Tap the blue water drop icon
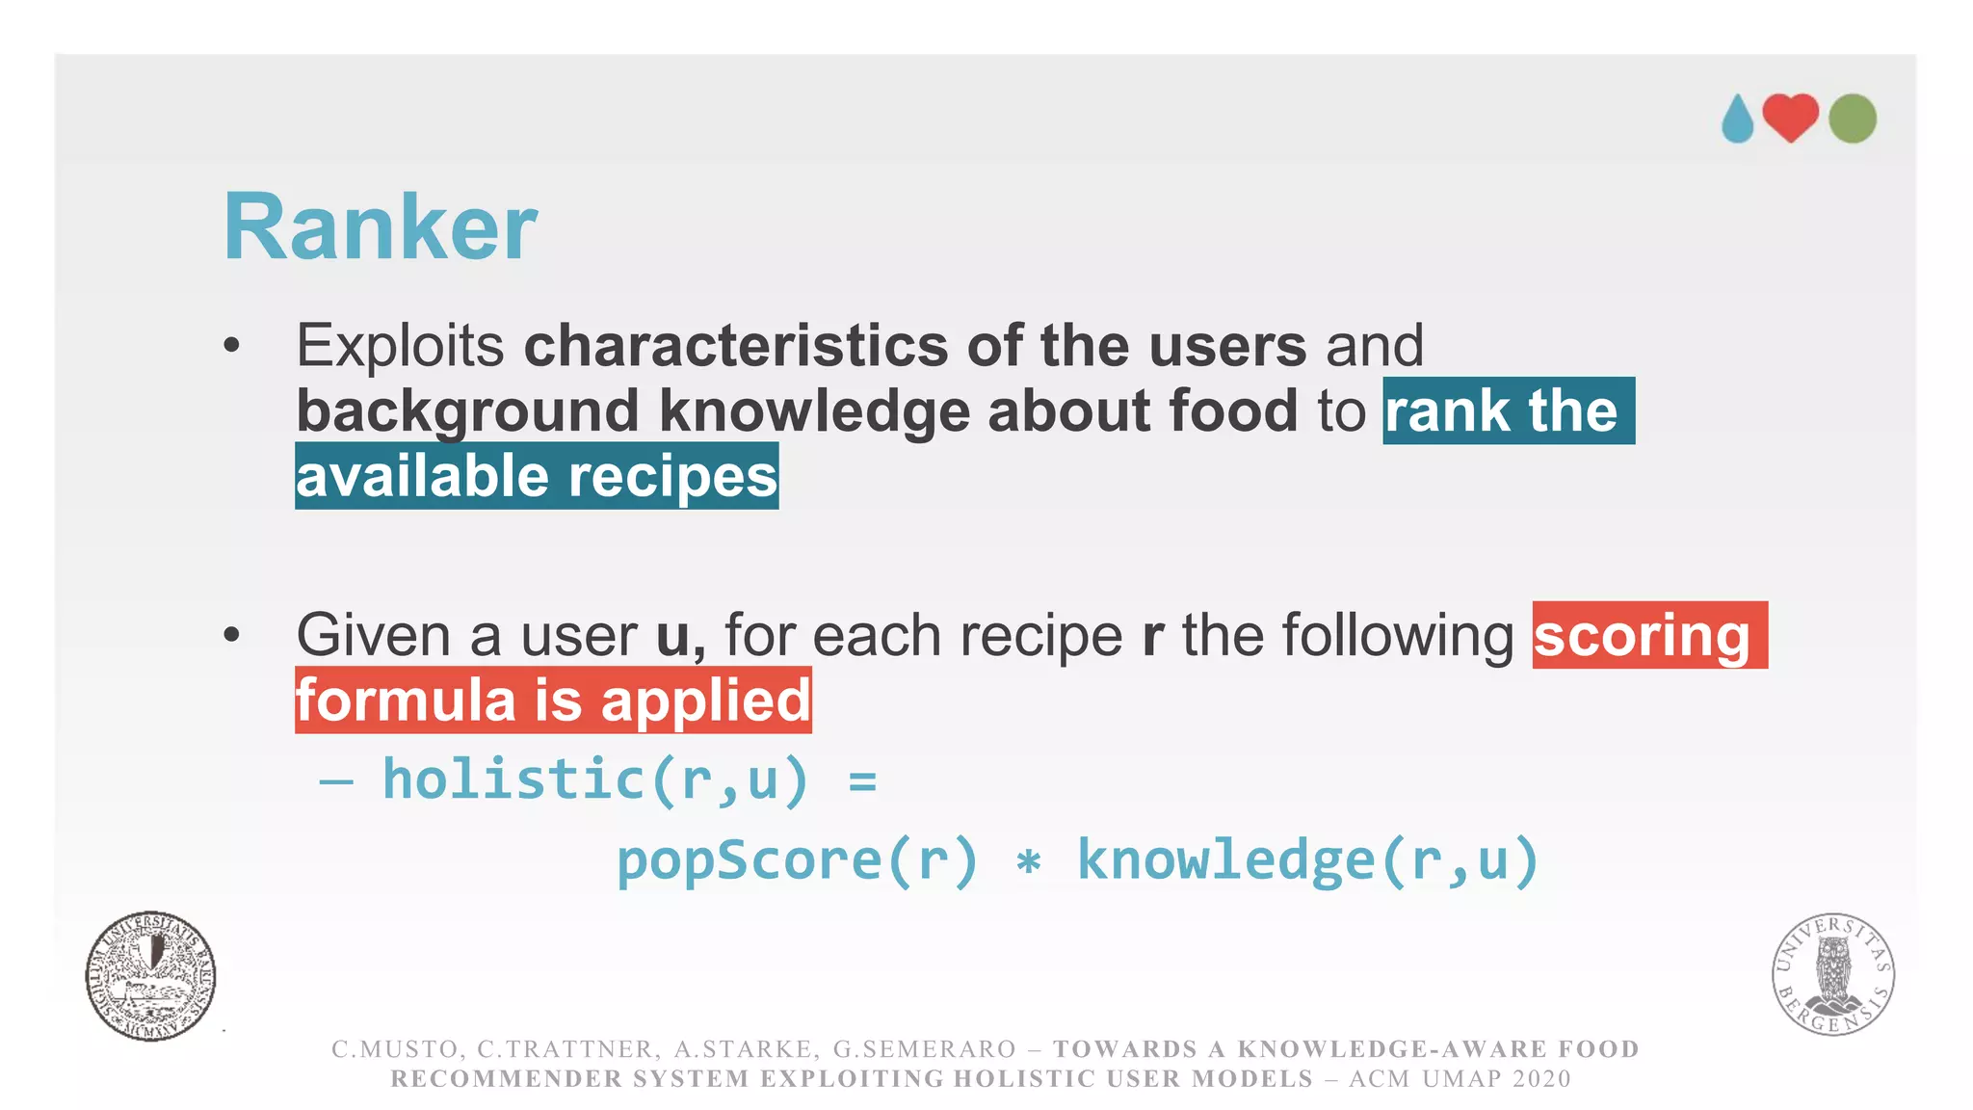coord(1737,119)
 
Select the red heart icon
coord(1790,118)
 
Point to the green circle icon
coord(1852,119)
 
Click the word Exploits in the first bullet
coord(400,345)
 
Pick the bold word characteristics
coord(736,345)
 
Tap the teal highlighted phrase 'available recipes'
coord(537,476)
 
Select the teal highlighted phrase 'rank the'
coord(1508,411)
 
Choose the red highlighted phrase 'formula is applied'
coord(553,700)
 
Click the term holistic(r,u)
coord(594,779)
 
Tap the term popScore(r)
coord(797,859)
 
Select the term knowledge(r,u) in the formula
coord(1307,859)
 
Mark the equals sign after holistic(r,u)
coord(862,780)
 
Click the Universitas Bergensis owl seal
coord(1832,973)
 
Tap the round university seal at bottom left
coord(150,976)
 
